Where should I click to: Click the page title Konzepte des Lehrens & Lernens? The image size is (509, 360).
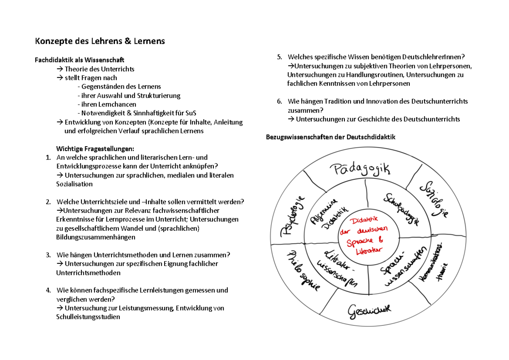click(99, 41)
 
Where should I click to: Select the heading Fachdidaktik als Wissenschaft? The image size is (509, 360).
click(79, 60)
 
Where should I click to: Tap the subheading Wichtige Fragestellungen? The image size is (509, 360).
click(95, 148)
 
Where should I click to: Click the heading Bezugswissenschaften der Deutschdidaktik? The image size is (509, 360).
click(330, 137)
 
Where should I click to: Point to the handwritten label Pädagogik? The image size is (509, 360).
click(360, 170)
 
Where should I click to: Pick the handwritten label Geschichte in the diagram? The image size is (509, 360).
click(369, 312)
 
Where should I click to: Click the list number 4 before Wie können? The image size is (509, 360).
click(48, 290)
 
